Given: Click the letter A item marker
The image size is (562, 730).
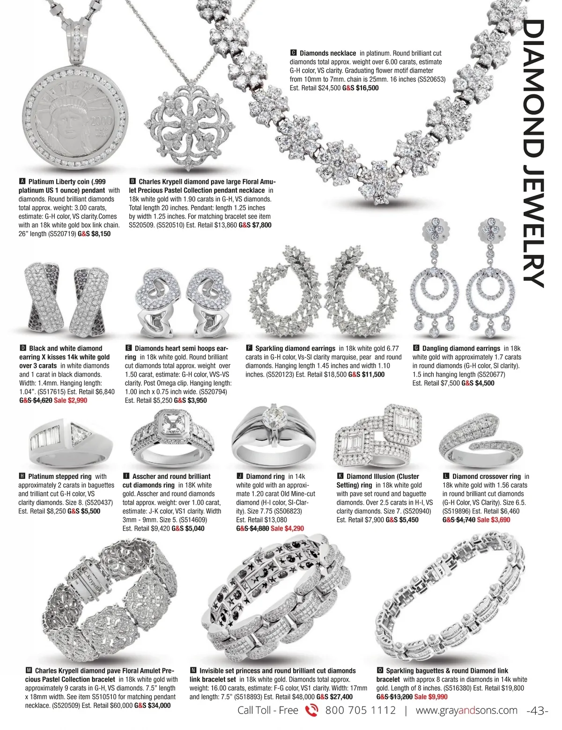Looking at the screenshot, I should [22, 181].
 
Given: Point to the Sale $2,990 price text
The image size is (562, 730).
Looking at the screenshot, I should [70, 401].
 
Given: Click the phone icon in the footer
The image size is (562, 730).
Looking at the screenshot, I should [311, 711].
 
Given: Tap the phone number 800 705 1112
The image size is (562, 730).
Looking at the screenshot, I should [360, 711].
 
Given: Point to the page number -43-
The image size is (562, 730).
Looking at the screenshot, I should [537, 711].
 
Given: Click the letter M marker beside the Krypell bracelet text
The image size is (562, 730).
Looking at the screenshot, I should [29, 671].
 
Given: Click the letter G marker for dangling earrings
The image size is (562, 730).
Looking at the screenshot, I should [416, 348].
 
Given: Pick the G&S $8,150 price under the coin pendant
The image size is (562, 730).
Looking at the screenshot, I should [94, 234].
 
